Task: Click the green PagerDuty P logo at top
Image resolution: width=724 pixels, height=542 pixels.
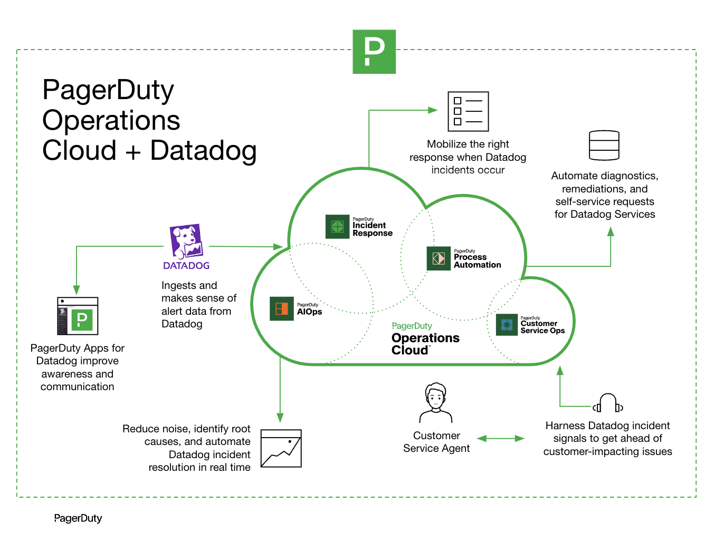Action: click(x=374, y=52)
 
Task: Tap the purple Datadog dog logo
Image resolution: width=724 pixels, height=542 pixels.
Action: click(x=186, y=241)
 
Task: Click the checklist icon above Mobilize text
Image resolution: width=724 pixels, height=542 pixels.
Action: click(x=468, y=111)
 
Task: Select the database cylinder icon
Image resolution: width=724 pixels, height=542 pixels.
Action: click(x=604, y=146)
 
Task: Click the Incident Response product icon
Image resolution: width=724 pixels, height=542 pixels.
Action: click(x=337, y=227)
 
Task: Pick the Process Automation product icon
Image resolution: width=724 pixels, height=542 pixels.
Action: click(x=439, y=258)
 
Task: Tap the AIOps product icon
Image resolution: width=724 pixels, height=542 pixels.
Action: click(x=281, y=308)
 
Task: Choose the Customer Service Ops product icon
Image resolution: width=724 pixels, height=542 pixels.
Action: click(x=507, y=324)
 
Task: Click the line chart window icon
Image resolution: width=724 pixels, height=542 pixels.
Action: click(x=281, y=449)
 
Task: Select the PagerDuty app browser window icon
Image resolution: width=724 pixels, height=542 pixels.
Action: click(x=78, y=316)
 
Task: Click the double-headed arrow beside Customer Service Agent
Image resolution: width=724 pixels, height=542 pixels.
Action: click(x=500, y=438)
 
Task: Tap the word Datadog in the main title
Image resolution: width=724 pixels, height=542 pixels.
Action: click(x=203, y=150)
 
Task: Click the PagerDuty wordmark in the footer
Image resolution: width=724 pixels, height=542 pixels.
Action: click(x=78, y=518)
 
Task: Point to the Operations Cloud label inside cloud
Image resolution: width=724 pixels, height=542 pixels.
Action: click(x=425, y=344)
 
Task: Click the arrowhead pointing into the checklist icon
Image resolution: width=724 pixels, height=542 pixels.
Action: click(x=433, y=110)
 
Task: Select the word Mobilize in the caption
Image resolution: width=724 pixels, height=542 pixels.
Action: click(x=446, y=144)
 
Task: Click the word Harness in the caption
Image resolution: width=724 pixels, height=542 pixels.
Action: click(x=565, y=425)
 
